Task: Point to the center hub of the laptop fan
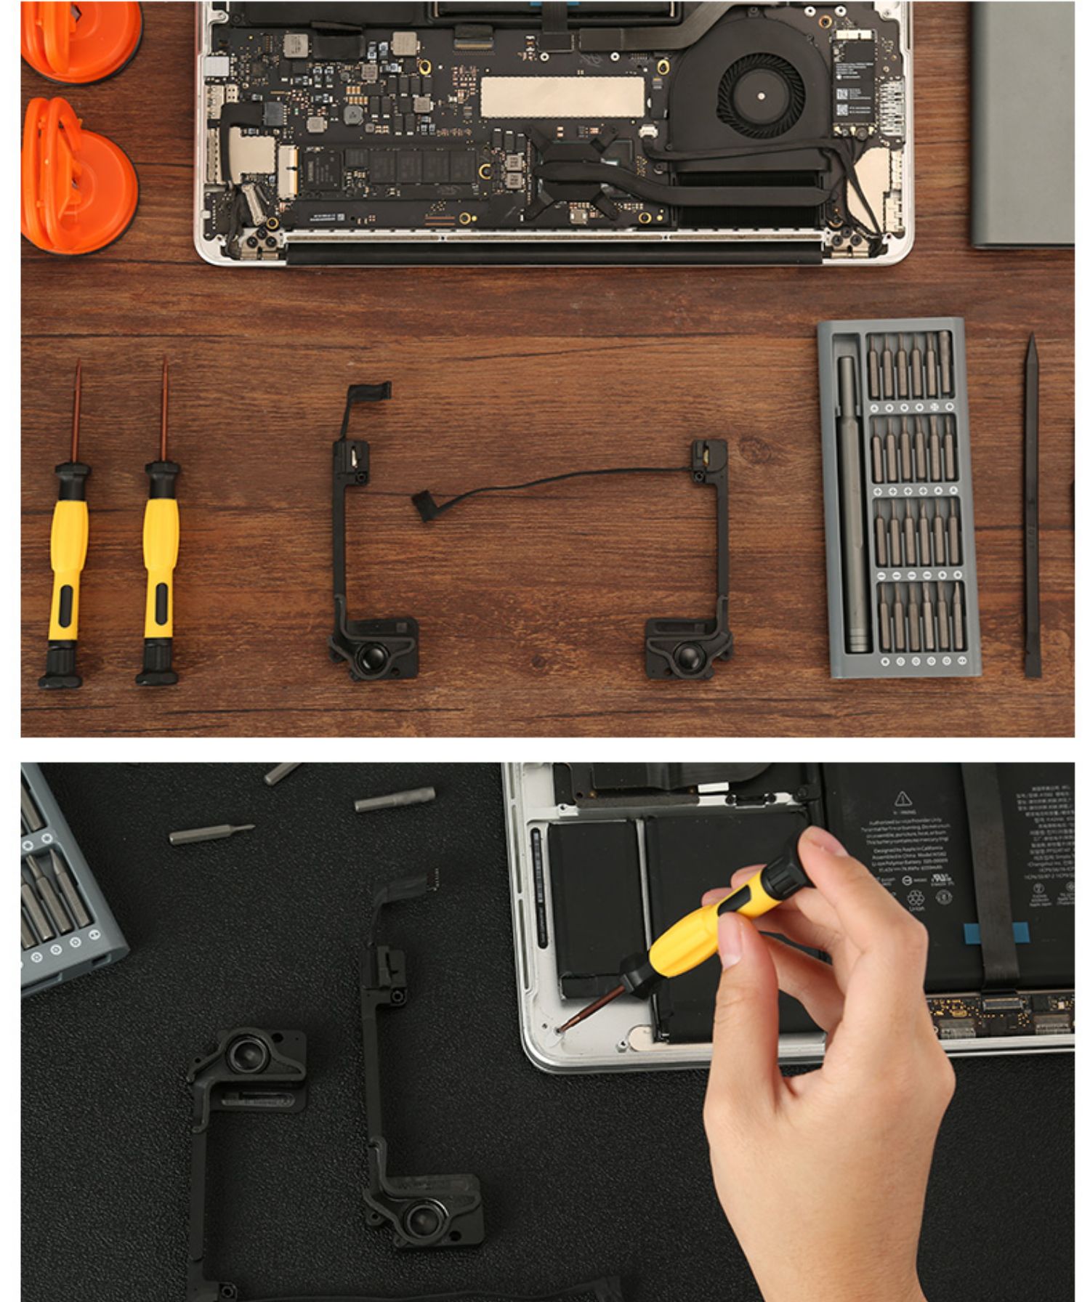(761, 96)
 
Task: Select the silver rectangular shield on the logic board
(562, 97)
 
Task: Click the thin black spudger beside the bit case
(1031, 509)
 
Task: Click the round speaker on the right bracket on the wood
(687, 656)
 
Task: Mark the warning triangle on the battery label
(903, 799)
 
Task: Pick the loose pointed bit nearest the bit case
(211, 834)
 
